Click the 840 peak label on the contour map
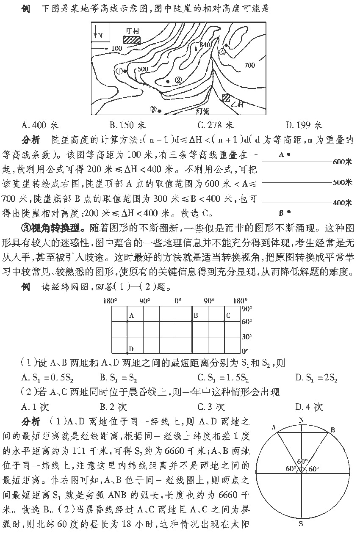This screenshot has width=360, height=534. (x=205, y=45)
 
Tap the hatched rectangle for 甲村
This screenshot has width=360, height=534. (x=132, y=39)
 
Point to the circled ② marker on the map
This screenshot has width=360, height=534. (x=178, y=80)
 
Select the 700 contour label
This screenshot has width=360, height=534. (x=249, y=65)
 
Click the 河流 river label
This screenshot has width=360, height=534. (x=204, y=112)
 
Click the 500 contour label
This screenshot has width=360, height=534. (x=143, y=69)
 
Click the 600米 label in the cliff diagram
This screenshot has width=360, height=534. (x=343, y=162)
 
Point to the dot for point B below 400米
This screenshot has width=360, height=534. (x=289, y=212)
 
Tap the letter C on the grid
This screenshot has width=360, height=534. (x=228, y=315)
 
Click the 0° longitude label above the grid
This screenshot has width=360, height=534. (x=178, y=301)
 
